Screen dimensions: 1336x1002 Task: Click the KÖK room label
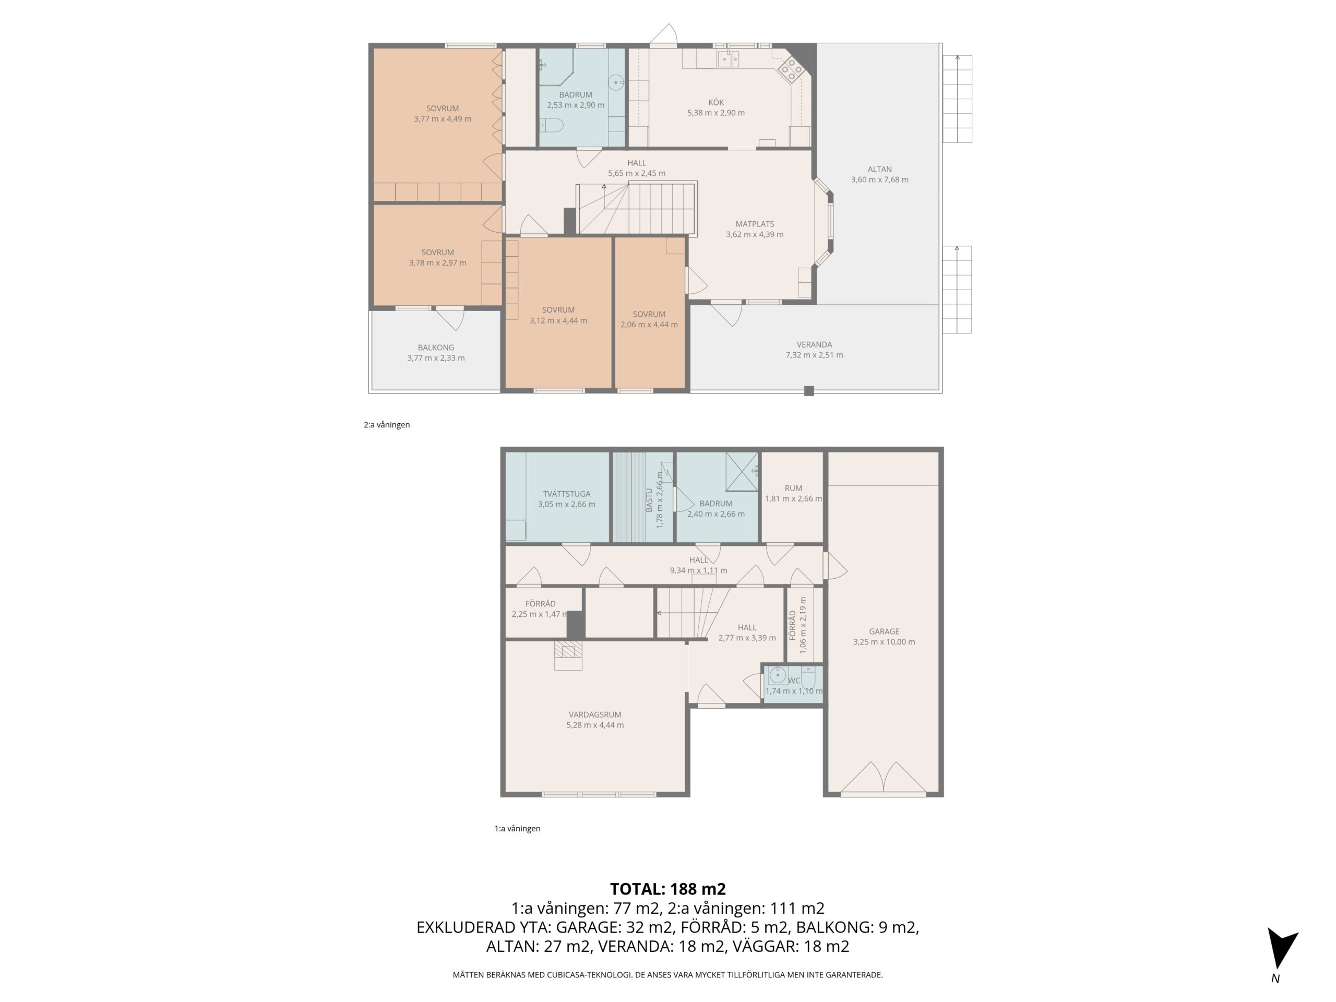[x=715, y=103]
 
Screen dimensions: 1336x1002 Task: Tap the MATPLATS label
[x=754, y=224]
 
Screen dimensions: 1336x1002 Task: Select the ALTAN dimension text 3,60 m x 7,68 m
[x=879, y=180]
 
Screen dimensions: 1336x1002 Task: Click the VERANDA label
[x=814, y=345]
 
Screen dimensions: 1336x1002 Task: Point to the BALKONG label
[x=435, y=348]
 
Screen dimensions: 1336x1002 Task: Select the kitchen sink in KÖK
[x=729, y=59]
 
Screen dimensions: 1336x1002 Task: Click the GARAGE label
[x=884, y=632]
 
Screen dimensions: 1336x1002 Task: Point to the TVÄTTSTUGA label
[x=567, y=494]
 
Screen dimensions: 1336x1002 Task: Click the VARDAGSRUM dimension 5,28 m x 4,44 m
[x=595, y=725]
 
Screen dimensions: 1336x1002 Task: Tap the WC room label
[x=794, y=681]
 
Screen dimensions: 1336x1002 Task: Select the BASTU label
[x=649, y=500]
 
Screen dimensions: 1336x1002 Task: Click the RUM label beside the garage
[x=793, y=488]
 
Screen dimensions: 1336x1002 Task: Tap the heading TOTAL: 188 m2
[x=667, y=889]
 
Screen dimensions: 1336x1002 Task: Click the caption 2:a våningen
[x=387, y=425]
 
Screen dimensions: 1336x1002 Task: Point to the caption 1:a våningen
[x=517, y=829]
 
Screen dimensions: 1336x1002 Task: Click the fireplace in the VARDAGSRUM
[x=568, y=656]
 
